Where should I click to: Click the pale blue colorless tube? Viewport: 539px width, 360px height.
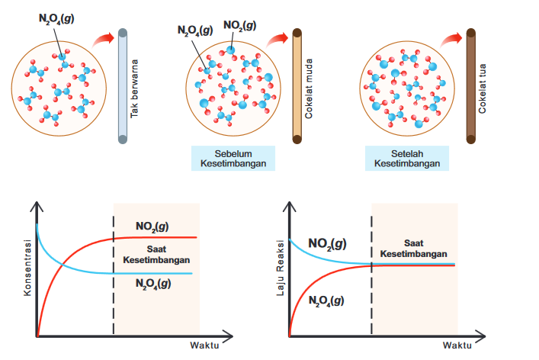pyautogui.click(x=123, y=86)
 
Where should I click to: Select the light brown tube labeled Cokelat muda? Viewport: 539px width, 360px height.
pyautogui.click(x=297, y=86)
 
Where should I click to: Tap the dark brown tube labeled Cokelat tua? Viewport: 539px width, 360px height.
pyautogui.click(x=471, y=86)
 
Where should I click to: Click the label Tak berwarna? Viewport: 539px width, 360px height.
pyautogui.click(x=134, y=88)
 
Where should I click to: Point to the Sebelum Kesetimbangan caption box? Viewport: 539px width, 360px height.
pyautogui.click(x=233, y=158)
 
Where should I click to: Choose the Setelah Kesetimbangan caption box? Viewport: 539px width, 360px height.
pyautogui.click(x=407, y=158)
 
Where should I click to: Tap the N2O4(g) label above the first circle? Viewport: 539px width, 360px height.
pyautogui.click(x=56, y=18)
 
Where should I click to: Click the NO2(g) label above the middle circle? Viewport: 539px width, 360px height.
pyautogui.click(x=239, y=25)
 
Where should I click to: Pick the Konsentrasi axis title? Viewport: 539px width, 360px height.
pyautogui.click(x=27, y=268)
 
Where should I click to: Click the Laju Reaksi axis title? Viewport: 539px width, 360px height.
pyautogui.click(x=281, y=268)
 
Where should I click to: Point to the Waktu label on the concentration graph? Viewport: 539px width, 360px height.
pyautogui.click(x=204, y=346)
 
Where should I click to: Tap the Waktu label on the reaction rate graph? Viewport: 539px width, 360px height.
pyautogui.click(x=457, y=346)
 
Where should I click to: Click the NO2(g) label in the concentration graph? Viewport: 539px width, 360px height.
pyautogui.click(x=152, y=227)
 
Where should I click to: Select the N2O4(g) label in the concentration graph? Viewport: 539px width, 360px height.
pyautogui.click(x=153, y=284)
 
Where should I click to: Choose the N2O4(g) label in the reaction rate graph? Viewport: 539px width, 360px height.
pyautogui.click(x=326, y=301)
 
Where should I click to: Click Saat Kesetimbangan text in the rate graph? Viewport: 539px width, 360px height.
pyautogui.click(x=413, y=249)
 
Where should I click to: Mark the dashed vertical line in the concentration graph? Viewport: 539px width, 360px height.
pyautogui.click(x=114, y=275)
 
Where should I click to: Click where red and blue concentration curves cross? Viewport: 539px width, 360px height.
pyautogui.click(x=63, y=265)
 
